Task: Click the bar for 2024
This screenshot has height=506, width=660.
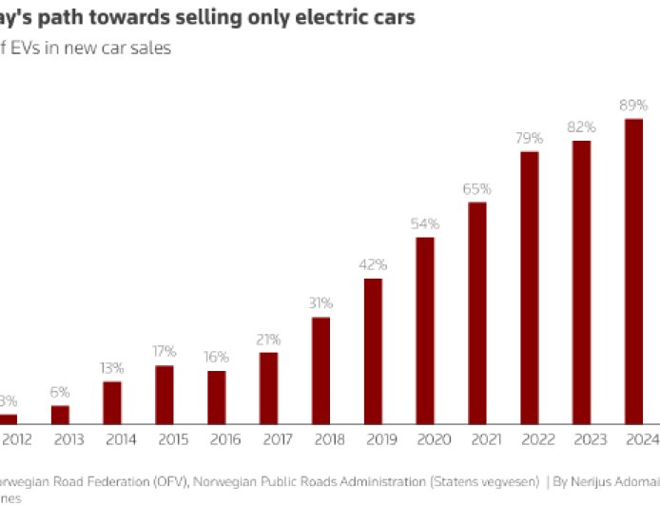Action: point(633,271)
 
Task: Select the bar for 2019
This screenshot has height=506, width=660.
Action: point(374,351)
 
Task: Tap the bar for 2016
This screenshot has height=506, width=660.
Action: point(217,397)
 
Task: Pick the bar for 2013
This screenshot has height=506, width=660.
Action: point(60,414)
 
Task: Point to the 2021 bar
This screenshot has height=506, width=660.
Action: point(477,313)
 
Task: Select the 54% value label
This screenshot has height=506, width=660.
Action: point(425,224)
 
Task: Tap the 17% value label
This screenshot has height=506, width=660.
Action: point(165,352)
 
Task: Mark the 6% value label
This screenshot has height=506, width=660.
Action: point(60,392)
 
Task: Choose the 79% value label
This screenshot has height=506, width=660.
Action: point(530,137)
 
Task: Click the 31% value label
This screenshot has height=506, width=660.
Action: point(320,303)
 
